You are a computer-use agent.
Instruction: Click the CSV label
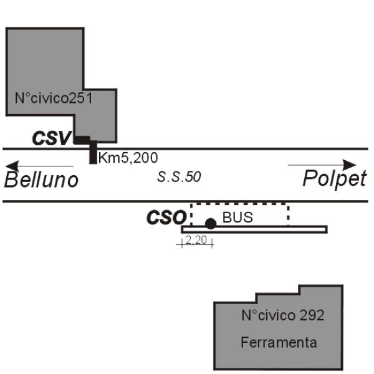[52, 138]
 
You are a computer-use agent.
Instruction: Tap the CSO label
[166, 218]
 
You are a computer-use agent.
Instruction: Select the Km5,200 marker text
[128, 158]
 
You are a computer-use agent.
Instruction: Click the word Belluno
[41, 180]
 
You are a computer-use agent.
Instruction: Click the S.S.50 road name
[179, 177]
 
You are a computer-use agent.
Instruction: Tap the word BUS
[237, 218]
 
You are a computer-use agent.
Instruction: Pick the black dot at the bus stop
[211, 224]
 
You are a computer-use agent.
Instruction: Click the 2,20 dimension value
[196, 240]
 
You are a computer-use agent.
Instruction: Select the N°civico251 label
[54, 98]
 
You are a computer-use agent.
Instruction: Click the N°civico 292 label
[282, 315]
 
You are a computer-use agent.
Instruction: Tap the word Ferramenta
[279, 342]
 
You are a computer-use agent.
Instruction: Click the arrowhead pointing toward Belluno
[12, 166]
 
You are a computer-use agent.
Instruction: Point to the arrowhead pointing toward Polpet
[349, 165]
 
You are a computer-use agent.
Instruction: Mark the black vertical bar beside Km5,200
[93, 153]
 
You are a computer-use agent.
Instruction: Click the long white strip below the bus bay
[254, 229]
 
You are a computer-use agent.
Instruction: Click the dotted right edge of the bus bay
[289, 214]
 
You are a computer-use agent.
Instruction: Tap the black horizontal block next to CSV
[82, 140]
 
